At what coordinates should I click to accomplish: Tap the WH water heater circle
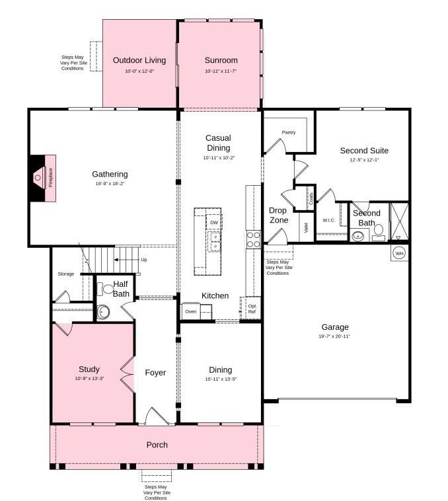click(399, 253)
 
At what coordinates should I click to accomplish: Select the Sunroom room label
click(221, 60)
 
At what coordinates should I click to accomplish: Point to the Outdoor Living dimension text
click(139, 71)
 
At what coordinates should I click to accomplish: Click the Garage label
click(335, 327)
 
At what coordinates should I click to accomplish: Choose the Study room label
click(89, 369)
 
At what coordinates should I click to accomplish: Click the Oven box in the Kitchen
click(191, 311)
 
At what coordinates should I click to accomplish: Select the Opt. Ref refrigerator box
click(252, 309)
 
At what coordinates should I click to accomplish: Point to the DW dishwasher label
click(213, 223)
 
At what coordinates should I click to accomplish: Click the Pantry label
click(288, 132)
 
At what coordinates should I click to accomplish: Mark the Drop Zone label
click(278, 215)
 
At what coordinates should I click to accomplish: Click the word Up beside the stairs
click(143, 260)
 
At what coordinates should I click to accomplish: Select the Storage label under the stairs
click(65, 274)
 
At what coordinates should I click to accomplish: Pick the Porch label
click(157, 445)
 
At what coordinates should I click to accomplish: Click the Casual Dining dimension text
click(219, 158)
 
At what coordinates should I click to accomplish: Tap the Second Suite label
click(364, 150)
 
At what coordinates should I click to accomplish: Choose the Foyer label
click(155, 373)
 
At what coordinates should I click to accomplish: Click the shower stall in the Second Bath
click(399, 221)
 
